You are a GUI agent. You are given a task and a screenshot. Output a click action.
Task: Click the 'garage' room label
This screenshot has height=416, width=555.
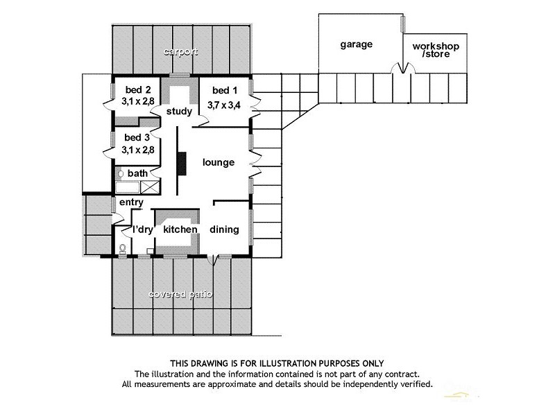pos(356,44)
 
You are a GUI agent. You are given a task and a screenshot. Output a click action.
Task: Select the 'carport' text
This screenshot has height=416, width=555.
pos(181,52)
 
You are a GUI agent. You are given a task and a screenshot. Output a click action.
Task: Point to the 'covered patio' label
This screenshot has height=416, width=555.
pos(181,295)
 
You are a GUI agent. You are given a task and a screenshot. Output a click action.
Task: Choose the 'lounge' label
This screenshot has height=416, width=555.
pos(218,163)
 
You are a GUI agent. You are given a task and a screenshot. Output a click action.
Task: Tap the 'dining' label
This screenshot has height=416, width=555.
pos(224,229)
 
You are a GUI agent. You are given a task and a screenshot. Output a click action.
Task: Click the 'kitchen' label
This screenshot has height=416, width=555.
pos(180,229)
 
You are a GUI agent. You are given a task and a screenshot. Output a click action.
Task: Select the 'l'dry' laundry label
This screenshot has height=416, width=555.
pos(142,229)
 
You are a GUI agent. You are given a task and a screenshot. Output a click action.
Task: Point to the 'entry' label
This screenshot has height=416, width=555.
pos(131,202)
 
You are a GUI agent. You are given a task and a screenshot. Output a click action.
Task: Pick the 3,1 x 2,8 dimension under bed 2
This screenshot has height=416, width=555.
pos(138,101)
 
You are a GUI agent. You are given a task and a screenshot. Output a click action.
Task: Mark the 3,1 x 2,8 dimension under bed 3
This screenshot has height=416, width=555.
pos(138,149)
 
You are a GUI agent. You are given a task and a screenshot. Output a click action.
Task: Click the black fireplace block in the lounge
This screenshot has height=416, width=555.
pos(182,163)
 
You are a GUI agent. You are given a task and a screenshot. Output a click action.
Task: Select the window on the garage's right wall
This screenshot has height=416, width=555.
pos(402,24)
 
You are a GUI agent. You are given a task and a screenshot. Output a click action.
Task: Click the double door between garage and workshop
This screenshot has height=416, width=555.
pos(396,69)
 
